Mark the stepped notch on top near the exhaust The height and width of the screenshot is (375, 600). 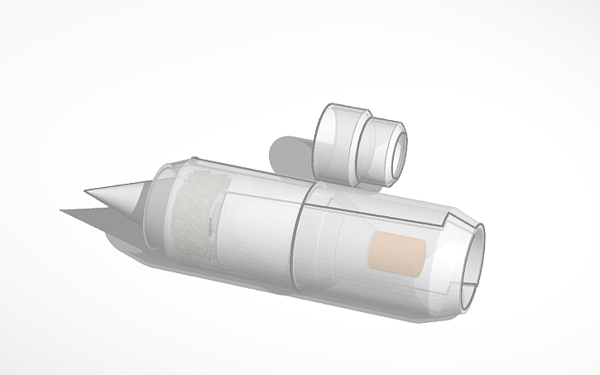click(x=449, y=219)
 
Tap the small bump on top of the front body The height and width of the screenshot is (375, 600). click(x=193, y=158)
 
